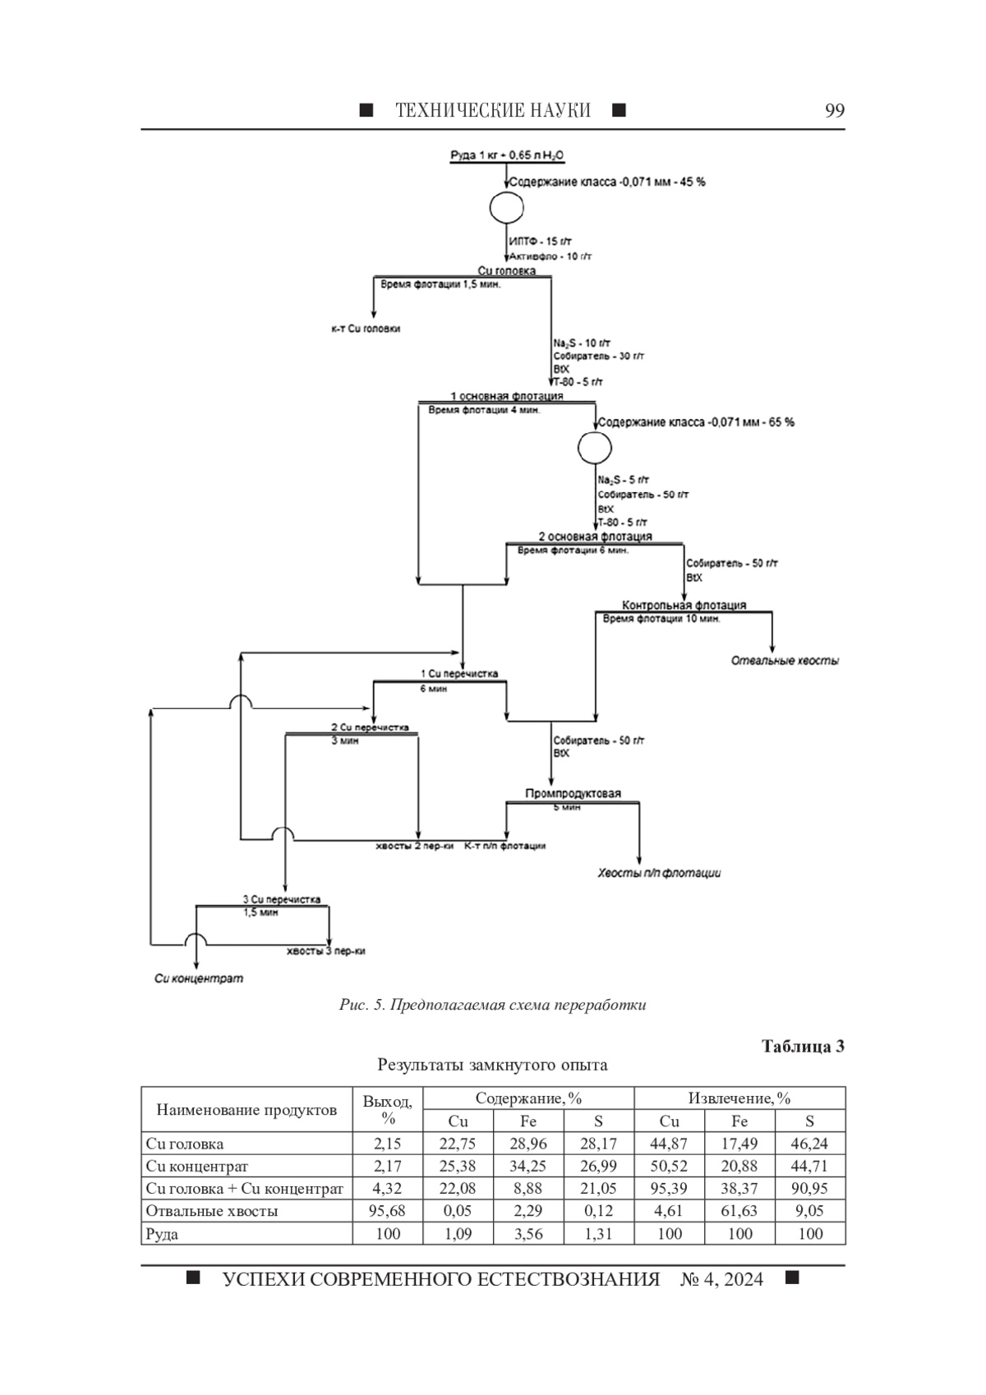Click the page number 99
835,110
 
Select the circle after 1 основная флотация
594,447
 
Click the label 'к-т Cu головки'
366,329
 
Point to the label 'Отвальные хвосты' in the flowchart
785,661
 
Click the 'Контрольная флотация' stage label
684,605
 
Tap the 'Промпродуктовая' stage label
573,794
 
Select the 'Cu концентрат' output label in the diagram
199,978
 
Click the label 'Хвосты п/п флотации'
659,873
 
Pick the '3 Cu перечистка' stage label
282,900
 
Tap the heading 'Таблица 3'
803,1047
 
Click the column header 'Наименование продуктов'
246,1110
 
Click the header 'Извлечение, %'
739,1098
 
